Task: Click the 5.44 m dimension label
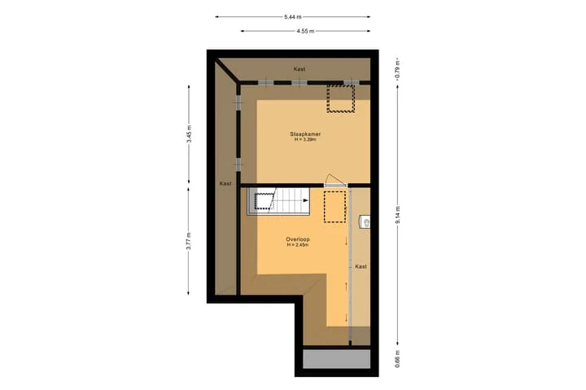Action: tap(293, 17)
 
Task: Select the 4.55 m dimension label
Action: tap(305, 32)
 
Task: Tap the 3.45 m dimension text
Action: tap(189, 134)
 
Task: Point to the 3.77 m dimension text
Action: tap(189, 241)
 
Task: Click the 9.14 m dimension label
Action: tap(398, 215)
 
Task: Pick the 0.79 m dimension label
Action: tap(398, 68)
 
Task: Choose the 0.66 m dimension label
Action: tap(398, 358)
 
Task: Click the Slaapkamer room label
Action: tap(305, 134)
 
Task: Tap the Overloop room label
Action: tap(298, 239)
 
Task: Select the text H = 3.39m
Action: tap(305, 139)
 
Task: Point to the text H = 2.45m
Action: tap(298, 245)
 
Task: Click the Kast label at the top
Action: tap(299, 69)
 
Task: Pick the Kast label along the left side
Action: tap(225, 183)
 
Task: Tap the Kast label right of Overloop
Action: tap(361, 266)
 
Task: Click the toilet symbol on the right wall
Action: tap(365, 222)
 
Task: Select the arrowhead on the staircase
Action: tap(306, 200)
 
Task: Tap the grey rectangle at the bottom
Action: tap(336, 359)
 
